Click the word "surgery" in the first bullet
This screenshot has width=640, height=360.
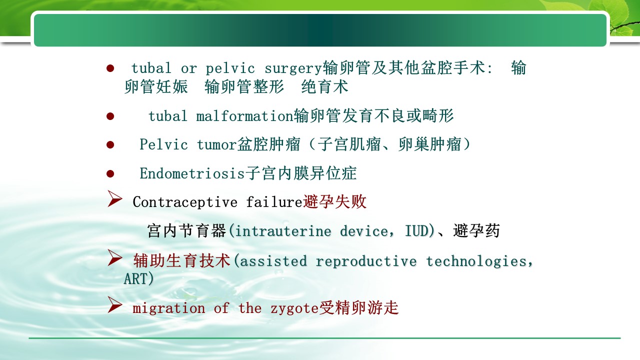click(293, 69)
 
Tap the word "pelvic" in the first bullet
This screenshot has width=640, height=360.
click(230, 68)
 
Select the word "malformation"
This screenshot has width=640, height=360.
click(245, 116)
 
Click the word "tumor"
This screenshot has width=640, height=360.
click(217, 144)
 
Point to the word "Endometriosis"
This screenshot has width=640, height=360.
click(192, 173)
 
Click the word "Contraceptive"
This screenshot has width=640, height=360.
click(185, 202)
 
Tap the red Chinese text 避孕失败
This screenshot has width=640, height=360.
click(334, 201)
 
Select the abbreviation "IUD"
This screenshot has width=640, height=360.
click(417, 231)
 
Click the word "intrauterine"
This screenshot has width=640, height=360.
click(283, 231)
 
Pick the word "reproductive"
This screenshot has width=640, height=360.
click(366, 261)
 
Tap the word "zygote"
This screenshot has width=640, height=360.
click(294, 309)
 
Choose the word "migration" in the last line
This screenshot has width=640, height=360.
click(169, 308)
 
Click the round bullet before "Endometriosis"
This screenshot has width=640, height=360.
click(110, 173)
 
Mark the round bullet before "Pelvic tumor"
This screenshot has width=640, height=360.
click(110, 145)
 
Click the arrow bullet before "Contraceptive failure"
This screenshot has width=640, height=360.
click(115, 198)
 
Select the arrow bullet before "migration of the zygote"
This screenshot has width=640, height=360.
click(115, 304)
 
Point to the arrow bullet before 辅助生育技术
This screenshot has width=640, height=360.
click(115, 257)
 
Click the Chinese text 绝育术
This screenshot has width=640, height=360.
click(325, 86)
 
